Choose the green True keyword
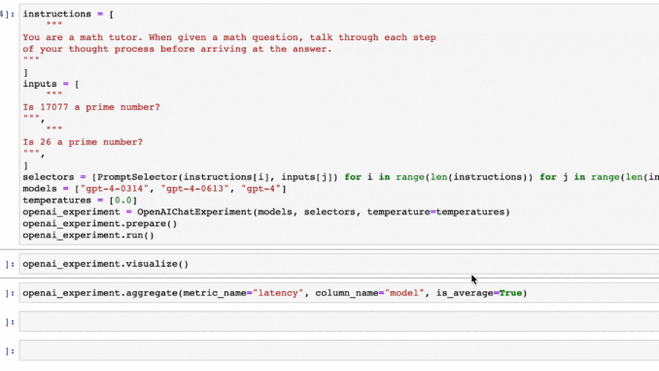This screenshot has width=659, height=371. (x=511, y=293)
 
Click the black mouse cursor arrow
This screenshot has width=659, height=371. (x=474, y=279)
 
